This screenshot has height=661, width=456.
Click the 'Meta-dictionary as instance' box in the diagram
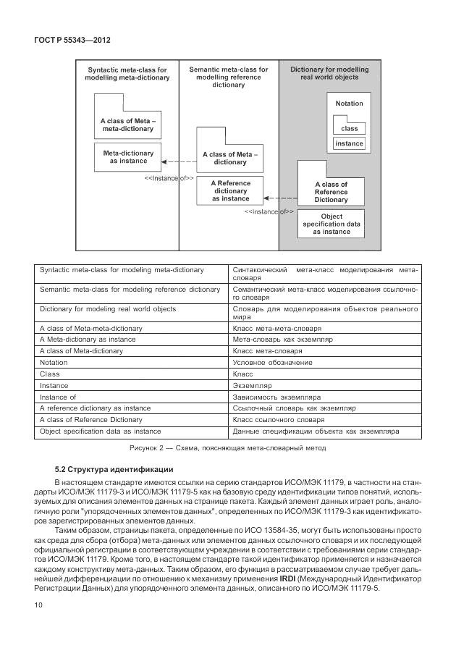point(128,158)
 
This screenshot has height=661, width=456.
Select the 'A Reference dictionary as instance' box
point(230,191)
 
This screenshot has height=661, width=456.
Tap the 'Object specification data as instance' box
point(332,224)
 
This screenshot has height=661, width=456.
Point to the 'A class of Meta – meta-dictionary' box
point(127,125)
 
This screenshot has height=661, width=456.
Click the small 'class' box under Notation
point(350,128)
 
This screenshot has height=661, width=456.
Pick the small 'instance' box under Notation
point(350,143)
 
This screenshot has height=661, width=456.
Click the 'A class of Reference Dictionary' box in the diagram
point(331,193)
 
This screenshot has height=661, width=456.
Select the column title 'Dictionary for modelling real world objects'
point(329,73)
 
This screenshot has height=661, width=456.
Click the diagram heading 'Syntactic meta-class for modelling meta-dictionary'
point(127,74)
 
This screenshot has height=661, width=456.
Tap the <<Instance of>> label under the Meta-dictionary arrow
point(169,177)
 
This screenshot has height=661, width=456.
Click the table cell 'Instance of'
point(59,397)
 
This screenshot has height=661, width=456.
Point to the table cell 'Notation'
point(54,362)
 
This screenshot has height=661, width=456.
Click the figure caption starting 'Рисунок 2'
point(227,448)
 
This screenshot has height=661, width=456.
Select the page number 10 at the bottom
point(38,605)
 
